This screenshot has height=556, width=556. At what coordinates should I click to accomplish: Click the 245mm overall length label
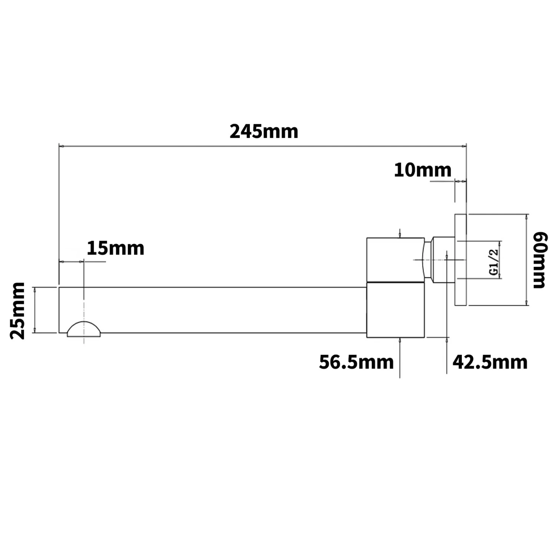tap(264, 132)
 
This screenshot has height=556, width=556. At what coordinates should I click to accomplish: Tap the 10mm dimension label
tap(423, 170)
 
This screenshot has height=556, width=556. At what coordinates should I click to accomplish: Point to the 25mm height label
tap(17, 311)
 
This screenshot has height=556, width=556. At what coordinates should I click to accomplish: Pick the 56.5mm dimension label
tap(356, 362)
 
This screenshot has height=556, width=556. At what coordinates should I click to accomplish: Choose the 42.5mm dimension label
tap(490, 362)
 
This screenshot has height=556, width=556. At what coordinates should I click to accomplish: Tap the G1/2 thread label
tap(493, 262)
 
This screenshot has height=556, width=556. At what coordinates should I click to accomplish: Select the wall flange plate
tap(460, 259)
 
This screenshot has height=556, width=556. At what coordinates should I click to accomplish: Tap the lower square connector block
tap(395, 310)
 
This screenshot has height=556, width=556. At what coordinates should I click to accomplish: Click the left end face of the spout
tap(59, 310)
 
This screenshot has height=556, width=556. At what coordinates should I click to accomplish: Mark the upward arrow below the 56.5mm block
tap(400, 340)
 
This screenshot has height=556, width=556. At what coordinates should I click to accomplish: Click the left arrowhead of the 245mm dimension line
tap(62, 146)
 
